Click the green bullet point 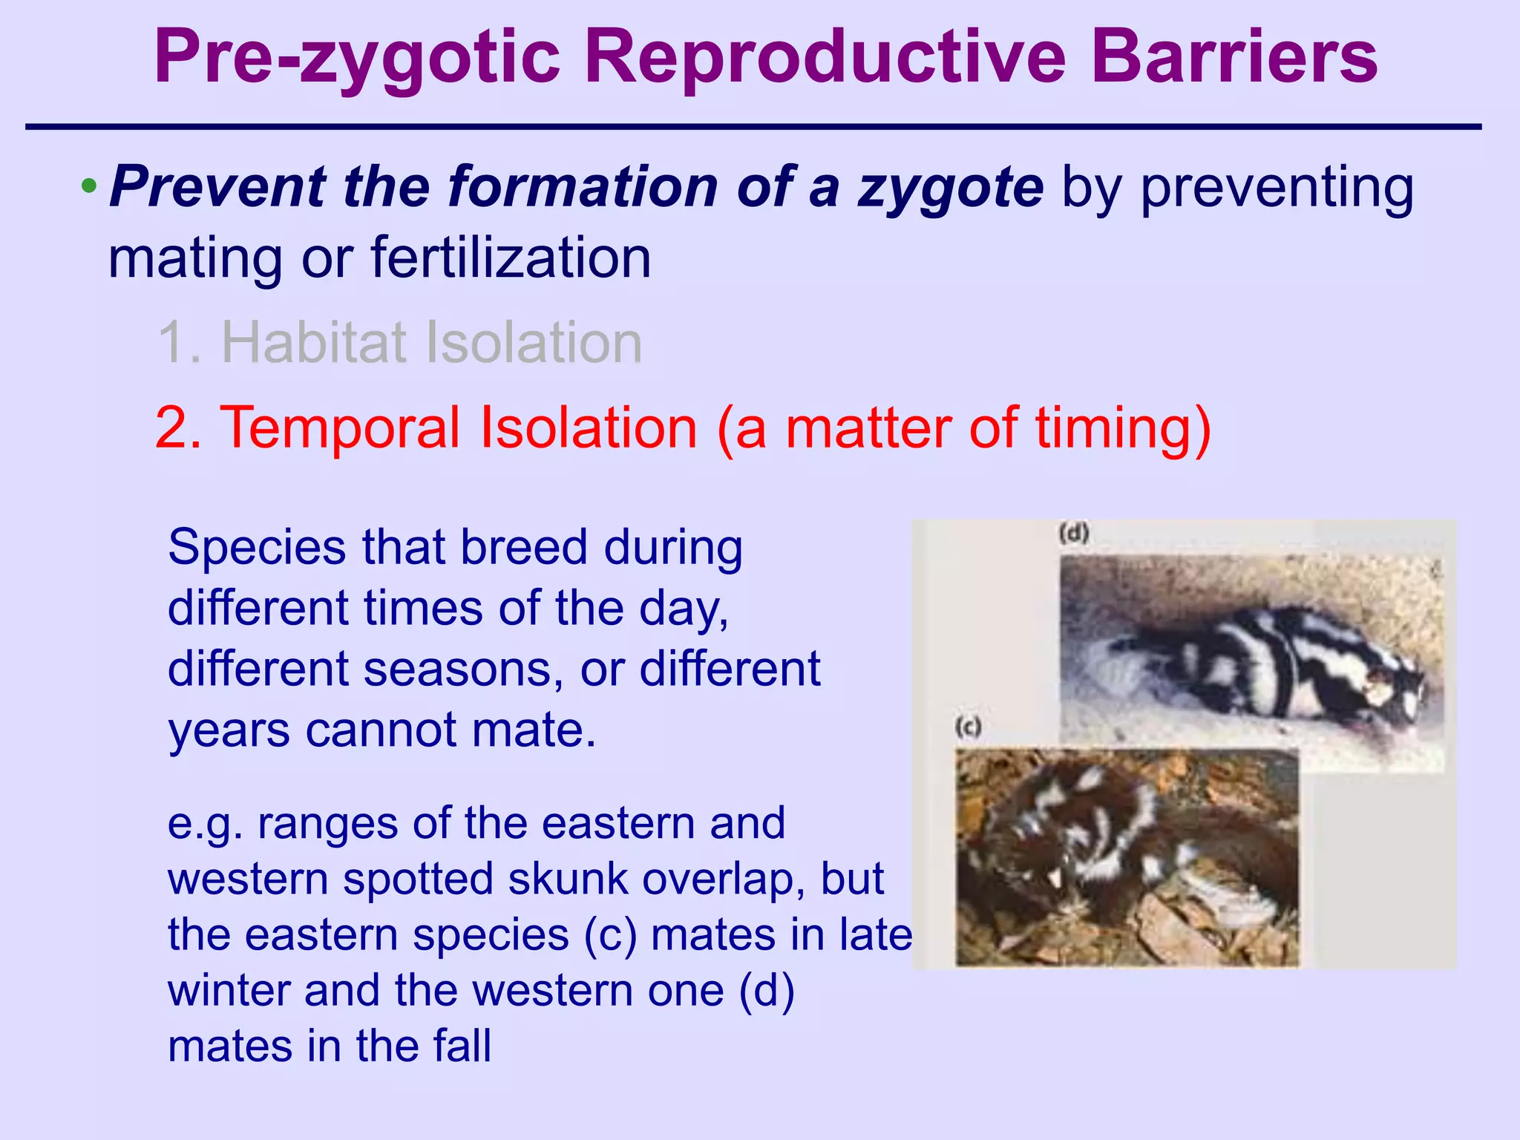[88, 186]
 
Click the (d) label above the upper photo [1073, 533]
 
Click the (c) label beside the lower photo [969, 727]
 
